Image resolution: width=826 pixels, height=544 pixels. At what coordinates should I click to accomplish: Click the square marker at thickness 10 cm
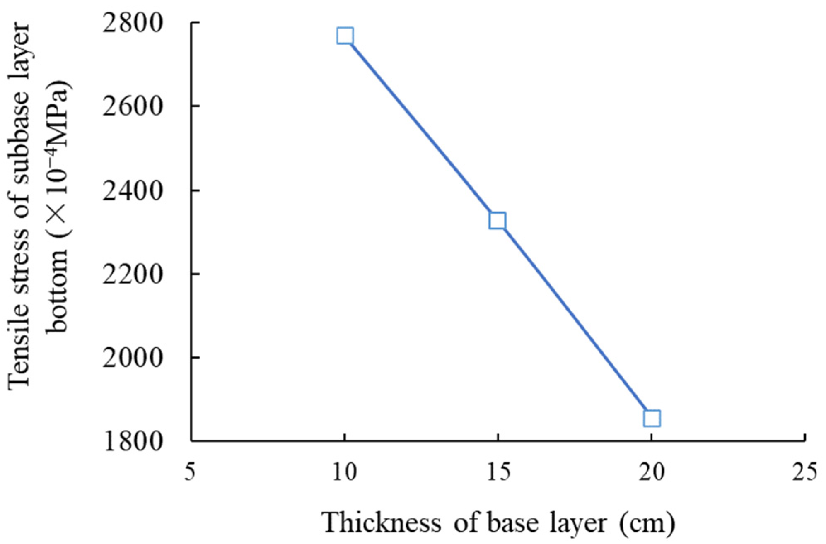tap(345, 36)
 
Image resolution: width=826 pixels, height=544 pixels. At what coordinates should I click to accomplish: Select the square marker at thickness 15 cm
tap(497, 221)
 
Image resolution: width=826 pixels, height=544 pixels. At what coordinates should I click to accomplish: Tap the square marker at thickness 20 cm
tap(652, 419)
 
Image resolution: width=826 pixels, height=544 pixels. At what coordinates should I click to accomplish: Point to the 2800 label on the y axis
tap(132, 23)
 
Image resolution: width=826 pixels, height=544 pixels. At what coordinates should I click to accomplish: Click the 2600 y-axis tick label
tap(132, 106)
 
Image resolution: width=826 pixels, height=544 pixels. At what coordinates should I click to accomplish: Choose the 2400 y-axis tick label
tap(132, 191)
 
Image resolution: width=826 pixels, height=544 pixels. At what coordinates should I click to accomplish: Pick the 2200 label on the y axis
tap(132, 274)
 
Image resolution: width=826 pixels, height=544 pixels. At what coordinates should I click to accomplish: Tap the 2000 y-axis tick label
tap(132, 357)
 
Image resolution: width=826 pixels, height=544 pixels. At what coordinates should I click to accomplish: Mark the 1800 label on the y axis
tap(132, 441)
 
